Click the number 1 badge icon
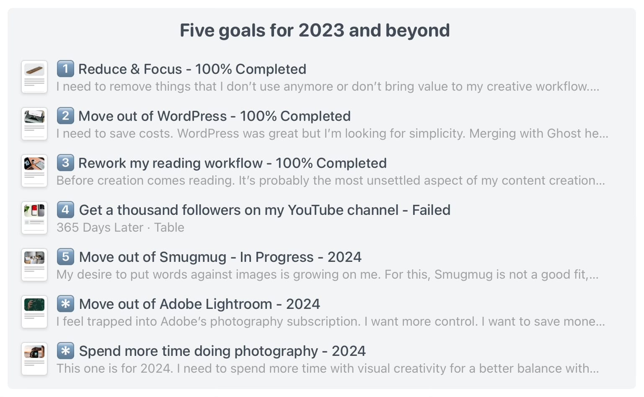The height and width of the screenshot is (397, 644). (x=65, y=69)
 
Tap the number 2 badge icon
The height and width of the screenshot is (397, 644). (x=65, y=116)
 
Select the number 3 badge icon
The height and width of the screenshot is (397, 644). (x=65, y=163)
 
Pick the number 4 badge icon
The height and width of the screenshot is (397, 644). (x=65, y=210)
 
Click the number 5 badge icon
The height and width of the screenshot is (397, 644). (x=65, y=257)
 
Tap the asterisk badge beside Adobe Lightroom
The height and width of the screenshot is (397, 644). (x=65, y=304)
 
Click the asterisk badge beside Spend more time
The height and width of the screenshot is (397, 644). (x=65, y=351)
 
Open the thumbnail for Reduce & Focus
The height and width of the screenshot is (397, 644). (x=34, y=77)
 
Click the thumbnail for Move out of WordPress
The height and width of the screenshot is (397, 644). (x=34, y=124)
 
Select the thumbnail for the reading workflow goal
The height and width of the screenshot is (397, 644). (x=34, y=171)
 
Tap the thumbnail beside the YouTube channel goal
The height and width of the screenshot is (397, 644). (x=34, y=218)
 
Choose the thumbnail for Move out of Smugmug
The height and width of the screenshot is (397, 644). (x=34, y=265)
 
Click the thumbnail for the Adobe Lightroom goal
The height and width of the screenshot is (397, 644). (x=34, y=312)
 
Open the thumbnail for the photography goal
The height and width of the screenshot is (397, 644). (x=34, y=359)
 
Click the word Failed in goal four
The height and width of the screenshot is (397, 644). (x=431, y=210)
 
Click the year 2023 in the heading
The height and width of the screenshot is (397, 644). (x=321, y=31)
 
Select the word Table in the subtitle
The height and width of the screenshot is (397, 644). (x=169, y=227)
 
